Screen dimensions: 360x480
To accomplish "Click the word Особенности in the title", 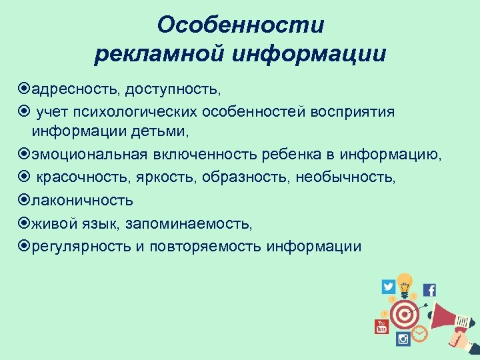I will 241,25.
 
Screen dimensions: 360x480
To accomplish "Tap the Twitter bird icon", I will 388,287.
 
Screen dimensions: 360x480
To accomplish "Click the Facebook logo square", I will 429,290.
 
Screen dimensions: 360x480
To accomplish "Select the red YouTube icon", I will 381,326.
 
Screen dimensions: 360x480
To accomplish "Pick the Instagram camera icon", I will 403,339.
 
